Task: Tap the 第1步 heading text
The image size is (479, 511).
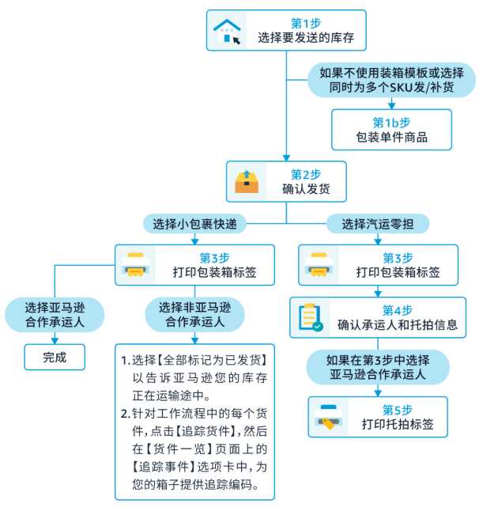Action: tap(304, 22)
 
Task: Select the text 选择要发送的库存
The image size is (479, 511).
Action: tap(304, 38)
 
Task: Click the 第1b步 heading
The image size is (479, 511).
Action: tap(391, 123)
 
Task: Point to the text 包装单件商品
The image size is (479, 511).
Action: tap(391, 138)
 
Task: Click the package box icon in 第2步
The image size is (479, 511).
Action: tap(247, 181)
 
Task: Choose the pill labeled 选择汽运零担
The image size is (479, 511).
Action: tap(377, 224)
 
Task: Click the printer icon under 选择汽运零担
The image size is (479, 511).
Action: tap(319, 265)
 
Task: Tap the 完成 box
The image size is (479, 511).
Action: tap(54, 357)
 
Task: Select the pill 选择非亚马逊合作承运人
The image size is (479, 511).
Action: tap(194, 315)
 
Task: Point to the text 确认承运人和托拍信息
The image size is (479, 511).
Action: tap(398, 325)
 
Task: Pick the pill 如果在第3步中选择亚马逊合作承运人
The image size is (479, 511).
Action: tap(378, 367)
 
